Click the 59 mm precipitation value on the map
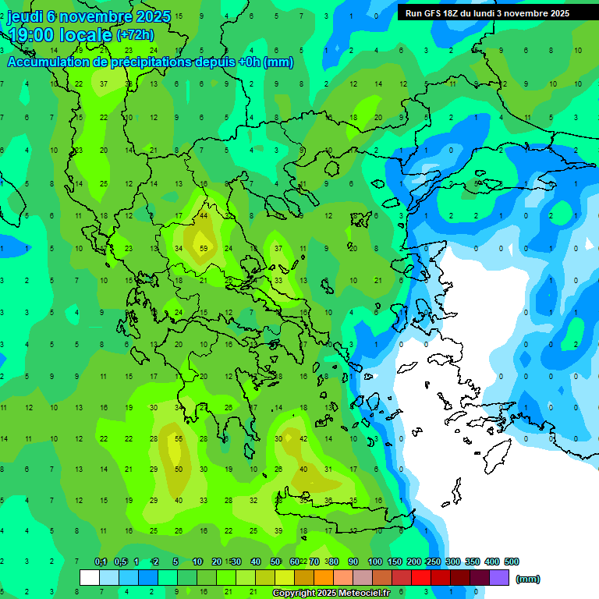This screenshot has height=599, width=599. point(204,249)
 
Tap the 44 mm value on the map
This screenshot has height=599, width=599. point(204,215)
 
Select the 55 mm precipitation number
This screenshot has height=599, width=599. point(179,439)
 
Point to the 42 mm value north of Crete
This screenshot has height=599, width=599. point(303,439)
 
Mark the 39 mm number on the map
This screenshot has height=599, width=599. point(278,530)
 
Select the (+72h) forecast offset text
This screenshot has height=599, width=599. point(135,34)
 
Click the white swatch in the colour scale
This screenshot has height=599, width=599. point(90,578)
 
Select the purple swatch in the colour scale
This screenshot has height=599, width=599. point(499,578)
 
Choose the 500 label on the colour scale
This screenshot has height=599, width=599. point(512,562)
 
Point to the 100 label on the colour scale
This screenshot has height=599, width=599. point(375,562)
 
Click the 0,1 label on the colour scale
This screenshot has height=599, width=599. point(101,562)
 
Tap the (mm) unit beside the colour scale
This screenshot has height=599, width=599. point(528,579)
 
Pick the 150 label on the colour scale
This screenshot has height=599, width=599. point(395,562)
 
